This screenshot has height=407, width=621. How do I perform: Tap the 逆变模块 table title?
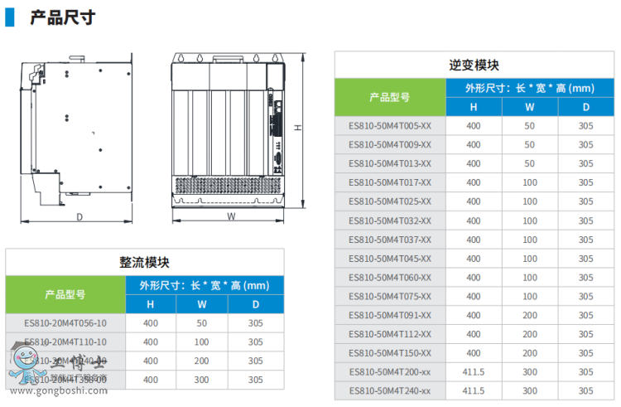pyautogui.click(x=474, y=65)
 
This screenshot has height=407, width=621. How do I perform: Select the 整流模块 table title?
pyautogui.click(x=144, y=261)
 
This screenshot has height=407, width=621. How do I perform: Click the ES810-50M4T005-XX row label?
pyautogui.click(x=389, y=125)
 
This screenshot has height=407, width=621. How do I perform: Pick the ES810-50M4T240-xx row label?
pyautogui.click(x=389, y=390)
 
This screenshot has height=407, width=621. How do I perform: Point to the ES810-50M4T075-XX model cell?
pyautogui.click(x=389, y=296)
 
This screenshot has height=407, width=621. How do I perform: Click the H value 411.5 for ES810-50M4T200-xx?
pyautogui.click(x=474, y=372)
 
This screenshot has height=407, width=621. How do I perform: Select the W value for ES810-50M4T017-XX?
pyautogui.click(x=530, y=182)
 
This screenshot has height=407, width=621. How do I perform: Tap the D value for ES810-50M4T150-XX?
pyautogui.click(x=585, y=353)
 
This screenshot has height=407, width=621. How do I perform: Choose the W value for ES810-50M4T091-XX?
pyautogui.click(x=530, y=315)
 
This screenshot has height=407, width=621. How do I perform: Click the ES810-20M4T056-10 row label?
pyautogui.click(x=65, y=322)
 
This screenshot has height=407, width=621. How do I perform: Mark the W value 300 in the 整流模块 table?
pyautogui.click(x=201, y=380)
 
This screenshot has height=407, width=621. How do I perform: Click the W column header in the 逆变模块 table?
pyautogui.click(x=530, y=107)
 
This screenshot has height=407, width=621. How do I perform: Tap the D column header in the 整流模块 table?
pyautogui.click(x=255, y=304)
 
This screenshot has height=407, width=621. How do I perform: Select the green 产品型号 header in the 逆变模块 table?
pyautogui.click(x=389, y=97)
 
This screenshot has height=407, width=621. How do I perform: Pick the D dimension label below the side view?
pyautogui.click(x=79, y=217)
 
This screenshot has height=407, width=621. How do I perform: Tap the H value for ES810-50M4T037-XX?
pyautogui.click(x=474, y=240)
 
